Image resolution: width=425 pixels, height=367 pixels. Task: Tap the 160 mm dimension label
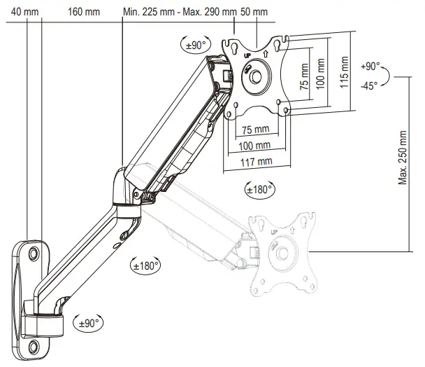click(x=85, y=12)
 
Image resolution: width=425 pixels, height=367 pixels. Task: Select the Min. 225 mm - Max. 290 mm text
click(x=180, y=12)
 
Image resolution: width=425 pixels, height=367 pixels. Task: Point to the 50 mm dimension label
click(x=254, y=12)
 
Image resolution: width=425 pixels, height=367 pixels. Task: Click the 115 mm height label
click(x=343, y=71)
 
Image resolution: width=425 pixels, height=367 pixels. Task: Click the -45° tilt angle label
click(x=369, y=85)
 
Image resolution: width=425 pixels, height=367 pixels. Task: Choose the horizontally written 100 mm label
click(x=255, y=146)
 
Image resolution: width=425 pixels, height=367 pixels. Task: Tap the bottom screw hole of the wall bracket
click(x=34, y=345)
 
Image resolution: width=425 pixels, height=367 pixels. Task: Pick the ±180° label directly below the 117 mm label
click(x=260, y=188)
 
